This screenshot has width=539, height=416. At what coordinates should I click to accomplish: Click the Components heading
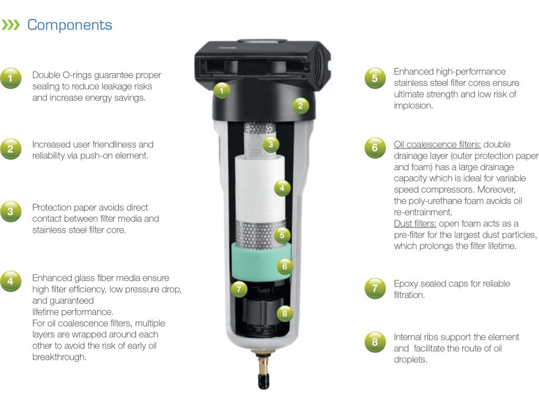click(69, 25)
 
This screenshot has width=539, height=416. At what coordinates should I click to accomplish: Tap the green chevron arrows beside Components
click(12, 25)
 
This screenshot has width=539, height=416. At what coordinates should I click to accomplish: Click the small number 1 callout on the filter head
click(222, 91)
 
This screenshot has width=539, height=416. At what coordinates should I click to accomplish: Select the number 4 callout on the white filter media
click(282, 187)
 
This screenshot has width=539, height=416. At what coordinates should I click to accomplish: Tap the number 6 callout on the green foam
click(285, 266)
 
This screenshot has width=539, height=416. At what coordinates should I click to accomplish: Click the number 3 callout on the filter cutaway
click(270, 144)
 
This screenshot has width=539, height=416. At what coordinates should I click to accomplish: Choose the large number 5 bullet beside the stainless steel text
click(375, 78)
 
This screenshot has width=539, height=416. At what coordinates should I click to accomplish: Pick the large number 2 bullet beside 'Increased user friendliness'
click(11, 150)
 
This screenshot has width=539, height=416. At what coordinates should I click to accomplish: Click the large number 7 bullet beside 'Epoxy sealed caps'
click(375, 289)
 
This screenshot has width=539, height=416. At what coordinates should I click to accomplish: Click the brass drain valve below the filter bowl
click(261, 365)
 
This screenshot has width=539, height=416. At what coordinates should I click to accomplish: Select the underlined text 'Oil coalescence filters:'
click(437, 144)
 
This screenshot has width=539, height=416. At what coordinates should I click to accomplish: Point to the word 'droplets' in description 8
click(410, 360)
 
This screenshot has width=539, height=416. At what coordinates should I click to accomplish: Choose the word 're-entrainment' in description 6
click(422, 212)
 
